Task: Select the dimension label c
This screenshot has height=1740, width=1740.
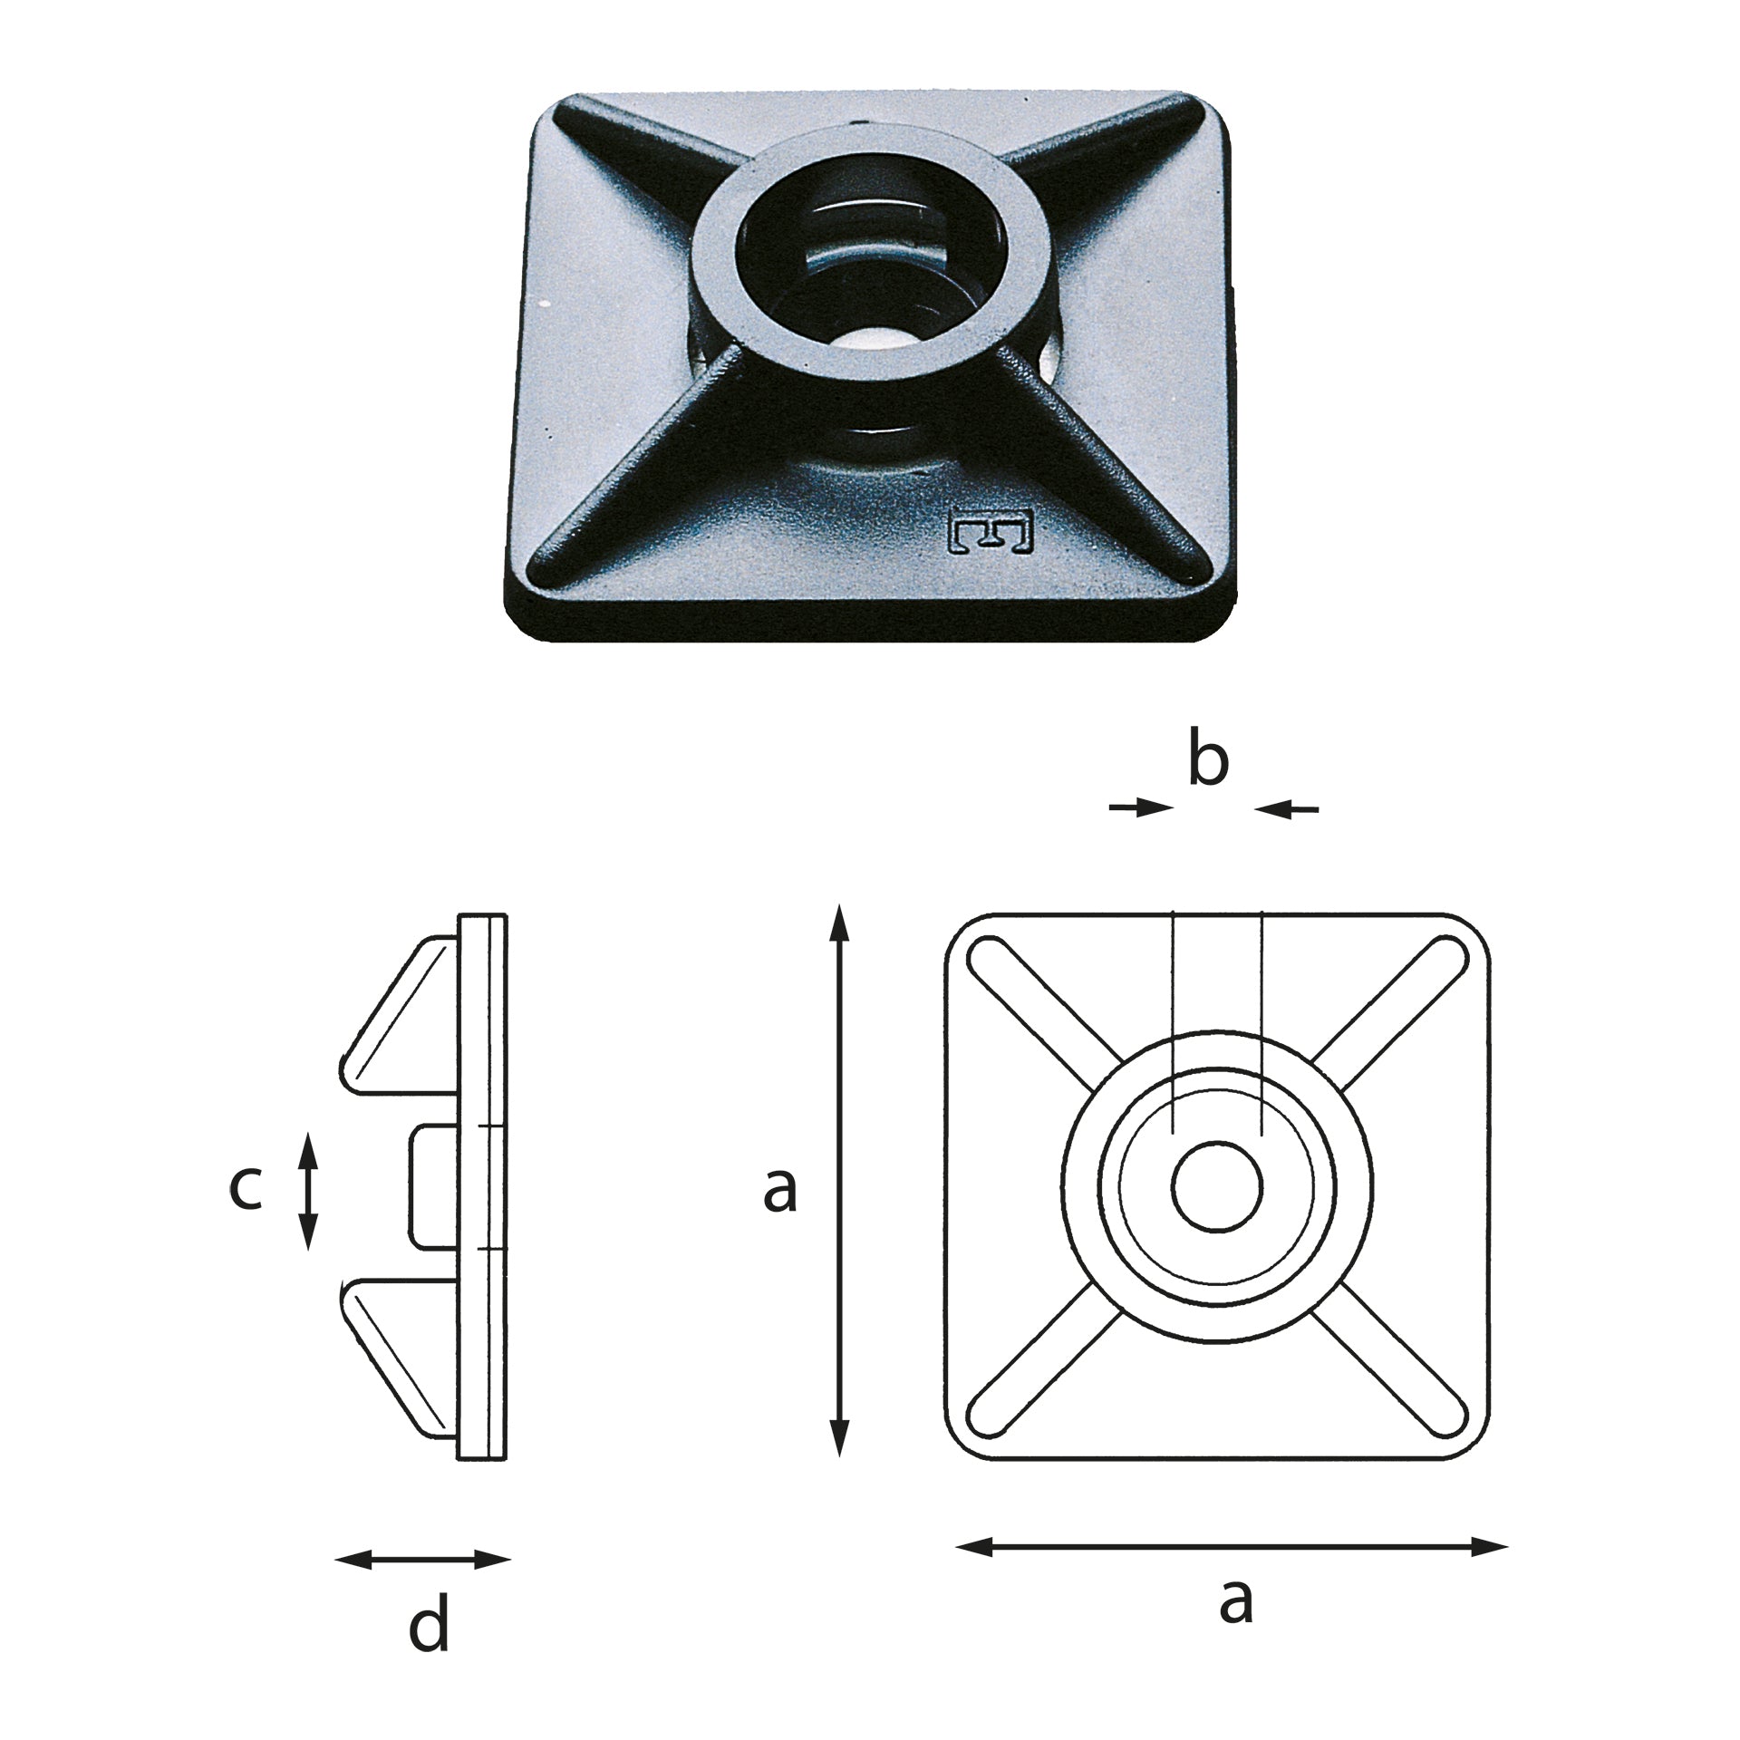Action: click(x=245, y=1189)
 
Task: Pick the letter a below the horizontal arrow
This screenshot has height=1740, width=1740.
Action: click(x=1236, y=1600)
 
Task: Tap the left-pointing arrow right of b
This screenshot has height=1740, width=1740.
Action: click(x=1287, y=808)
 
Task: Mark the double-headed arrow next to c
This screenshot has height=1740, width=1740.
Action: click(x=309, y=1190)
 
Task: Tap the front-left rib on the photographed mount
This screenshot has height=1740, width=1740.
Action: click(x=625, y=471)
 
